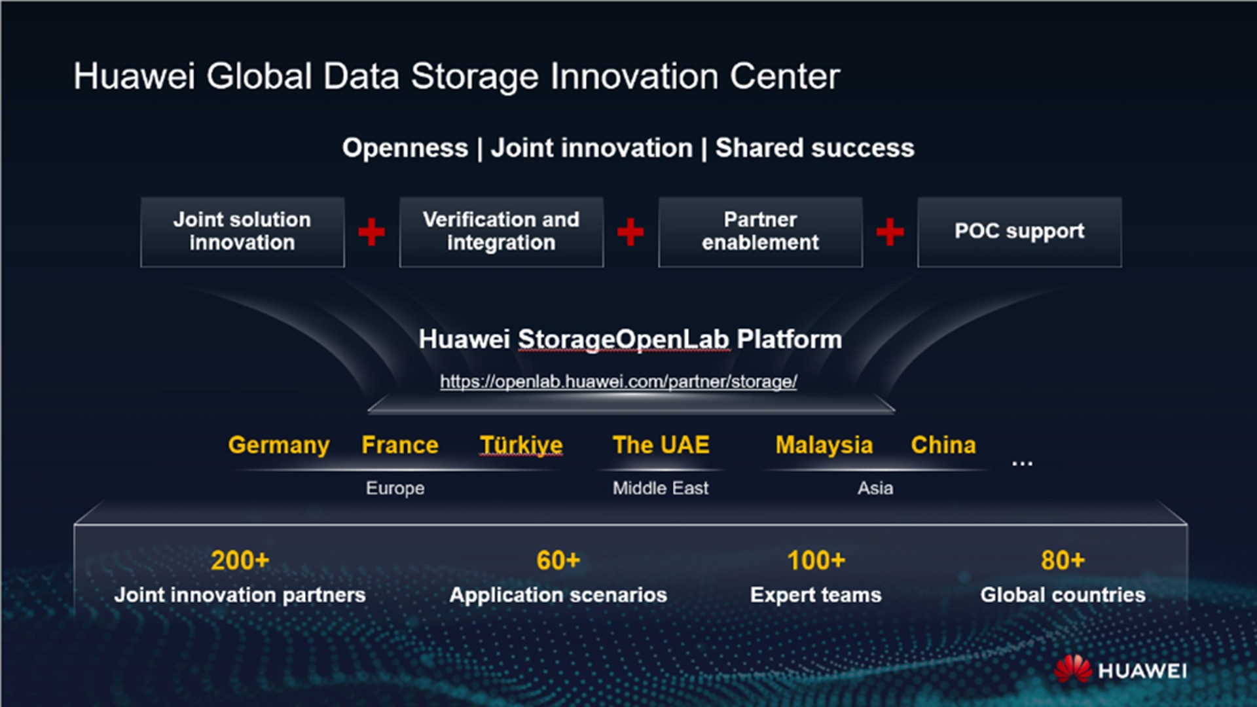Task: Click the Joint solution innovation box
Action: (x=242, y=232)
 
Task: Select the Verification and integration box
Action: (x=501, y=232)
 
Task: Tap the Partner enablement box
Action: (x=760, y=232)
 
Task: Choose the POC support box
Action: (x=1019, y=232)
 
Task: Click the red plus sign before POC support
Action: (x=890, y=232)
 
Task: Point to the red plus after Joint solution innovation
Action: (x=371, y=232)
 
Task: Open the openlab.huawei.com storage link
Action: (x=618, y=381)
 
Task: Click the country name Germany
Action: (x=278, y=445)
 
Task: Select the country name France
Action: (x=400, y=445)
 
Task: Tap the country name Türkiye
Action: (x=521, y=445)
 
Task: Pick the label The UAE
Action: (x=661, y=445)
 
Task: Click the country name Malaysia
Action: (x=824, y=445)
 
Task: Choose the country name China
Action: (x=943, y=445)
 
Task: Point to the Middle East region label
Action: (x=660, y=488)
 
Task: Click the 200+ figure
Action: (x=240, y=560)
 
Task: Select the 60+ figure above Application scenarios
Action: (x=558, y=560)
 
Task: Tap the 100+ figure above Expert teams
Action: (x=816, y=560)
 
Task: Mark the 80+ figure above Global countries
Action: (x=1063, y=560)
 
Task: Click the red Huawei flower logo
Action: (x=1072, y=669)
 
